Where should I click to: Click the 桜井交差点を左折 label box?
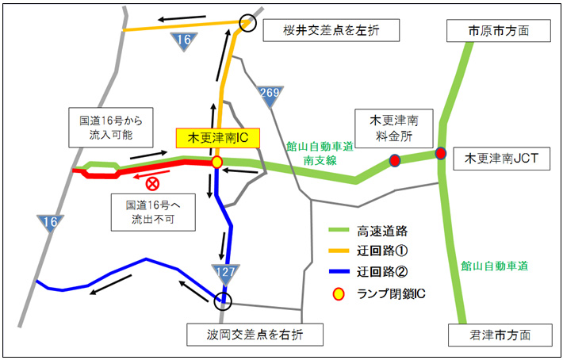pyautogui.click(x=331, y=30)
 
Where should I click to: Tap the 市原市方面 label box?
pyautogui.click(x=498, y=31)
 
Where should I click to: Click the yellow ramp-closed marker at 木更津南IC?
pyautogui.click(x=216, y=162)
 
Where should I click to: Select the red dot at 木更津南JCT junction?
pyautogui.click(x=441, y=153)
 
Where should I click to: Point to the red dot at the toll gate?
pyautogui.click(x=394, y=162)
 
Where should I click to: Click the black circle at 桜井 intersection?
pyautogui.click(x=249, y=24)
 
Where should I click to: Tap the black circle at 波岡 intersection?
pyautogui.click(x=224, y=300)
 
